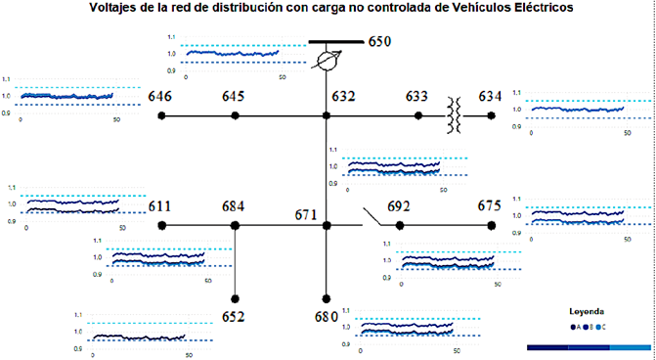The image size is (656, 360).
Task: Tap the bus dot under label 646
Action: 162,115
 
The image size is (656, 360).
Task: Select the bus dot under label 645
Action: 235,115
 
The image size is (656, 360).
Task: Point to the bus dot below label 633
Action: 418,115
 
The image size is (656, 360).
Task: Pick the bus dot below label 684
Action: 235,225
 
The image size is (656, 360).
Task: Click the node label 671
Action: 309,214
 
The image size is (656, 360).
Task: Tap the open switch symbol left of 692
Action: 372,217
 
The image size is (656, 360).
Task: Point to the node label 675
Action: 490,205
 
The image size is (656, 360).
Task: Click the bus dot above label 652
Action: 235,298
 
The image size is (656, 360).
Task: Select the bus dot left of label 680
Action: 326,298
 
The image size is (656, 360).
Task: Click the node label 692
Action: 400,206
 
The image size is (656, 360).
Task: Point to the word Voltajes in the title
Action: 114,8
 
